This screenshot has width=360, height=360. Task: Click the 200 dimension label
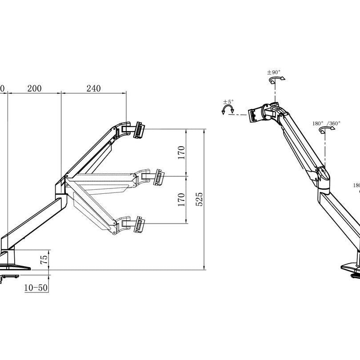click(x=34, y=88)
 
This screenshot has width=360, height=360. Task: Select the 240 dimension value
click(x=93, y=88)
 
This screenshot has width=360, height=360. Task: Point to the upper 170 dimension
click(x=181, y=152)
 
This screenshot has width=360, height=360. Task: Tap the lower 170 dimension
click(x=181, y=200)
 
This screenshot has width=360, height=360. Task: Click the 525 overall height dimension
click(x=200, y=200)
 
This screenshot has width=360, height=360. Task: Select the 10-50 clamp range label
click(x=36, y=288)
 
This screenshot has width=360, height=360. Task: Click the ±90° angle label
click(x=274, y=72)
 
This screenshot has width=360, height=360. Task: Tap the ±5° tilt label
click(x=228, y=102)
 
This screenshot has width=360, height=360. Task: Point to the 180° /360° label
click(x=326, y=123)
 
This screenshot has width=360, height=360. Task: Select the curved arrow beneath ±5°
click(x=228, y=110)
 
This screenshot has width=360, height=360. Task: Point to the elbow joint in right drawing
click(x=323, y=176)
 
